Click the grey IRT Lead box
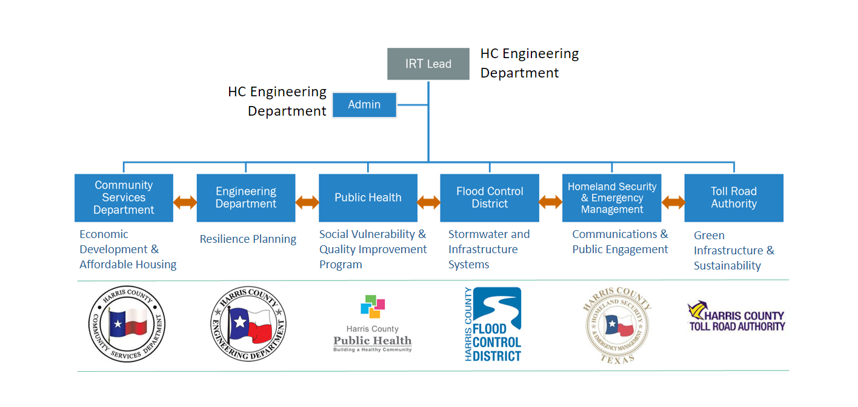tap(428, 64)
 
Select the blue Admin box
tap(364, 105)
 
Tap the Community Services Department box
tap(124, 197)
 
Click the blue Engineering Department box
tap(246, 197)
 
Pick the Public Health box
tap(368, 197)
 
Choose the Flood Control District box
tap(490, 197)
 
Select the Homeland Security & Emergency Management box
tap(612, 197)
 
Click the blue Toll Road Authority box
tap(734, 197)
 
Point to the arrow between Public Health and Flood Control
tap(428, 202)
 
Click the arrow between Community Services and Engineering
tap(185, 202)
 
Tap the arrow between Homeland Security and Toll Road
tap(673, 202)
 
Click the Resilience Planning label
tap(248, 239)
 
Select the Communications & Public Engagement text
tap(620, 242)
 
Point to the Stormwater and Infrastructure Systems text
tap(489, 249)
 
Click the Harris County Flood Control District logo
tap(493, 324)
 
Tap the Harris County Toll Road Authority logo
tap(736, 316)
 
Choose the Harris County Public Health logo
tap(373, 323)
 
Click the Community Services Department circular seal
tap(127, 324)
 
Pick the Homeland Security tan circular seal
tap(617, 325)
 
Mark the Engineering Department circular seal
tap(248, 324)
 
